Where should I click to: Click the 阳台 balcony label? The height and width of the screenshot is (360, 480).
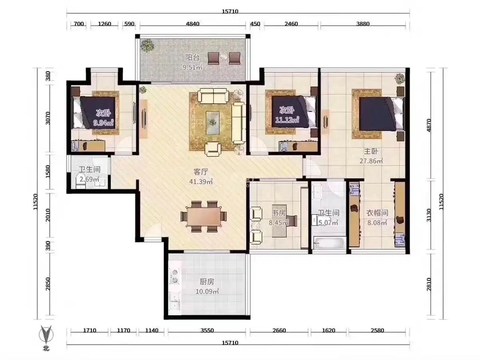coord(192,58)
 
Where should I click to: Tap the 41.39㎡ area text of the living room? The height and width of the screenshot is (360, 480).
coord(201,182)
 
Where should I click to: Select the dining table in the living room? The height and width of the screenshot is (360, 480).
coord(204,216)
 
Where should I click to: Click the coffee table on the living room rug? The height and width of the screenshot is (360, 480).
coord(213,122)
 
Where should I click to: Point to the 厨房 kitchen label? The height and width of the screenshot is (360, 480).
coord(207,282)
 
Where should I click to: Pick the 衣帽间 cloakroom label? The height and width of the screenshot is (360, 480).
coord(377,213)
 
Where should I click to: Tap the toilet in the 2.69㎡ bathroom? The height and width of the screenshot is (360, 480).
coord(80,181)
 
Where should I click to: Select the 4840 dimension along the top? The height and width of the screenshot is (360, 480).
coord(193,24)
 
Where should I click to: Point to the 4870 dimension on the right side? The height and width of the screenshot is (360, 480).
coord(429,125)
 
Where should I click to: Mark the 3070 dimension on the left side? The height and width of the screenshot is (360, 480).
coord(48,118)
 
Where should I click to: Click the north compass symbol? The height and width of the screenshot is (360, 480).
coord(46,334)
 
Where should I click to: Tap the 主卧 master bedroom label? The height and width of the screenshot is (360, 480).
coord(371,151)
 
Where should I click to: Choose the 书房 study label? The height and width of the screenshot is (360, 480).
coord(279,213)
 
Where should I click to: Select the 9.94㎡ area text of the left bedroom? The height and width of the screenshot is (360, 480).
coord(104,123)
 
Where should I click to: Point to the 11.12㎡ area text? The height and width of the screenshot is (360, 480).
coord(287,120)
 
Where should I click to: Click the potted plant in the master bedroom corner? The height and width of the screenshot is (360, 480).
coord(400,78)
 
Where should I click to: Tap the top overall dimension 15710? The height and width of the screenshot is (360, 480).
coord(230,11)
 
